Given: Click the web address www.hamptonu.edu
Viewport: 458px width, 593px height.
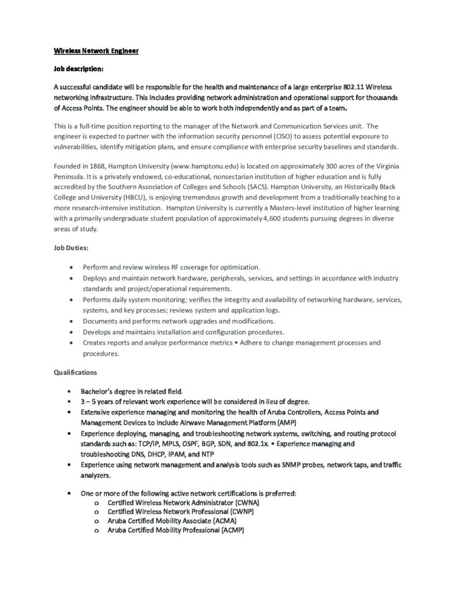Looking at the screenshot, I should pos(196,166).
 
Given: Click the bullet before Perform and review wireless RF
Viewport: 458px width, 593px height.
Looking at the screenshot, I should pos(70,268).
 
